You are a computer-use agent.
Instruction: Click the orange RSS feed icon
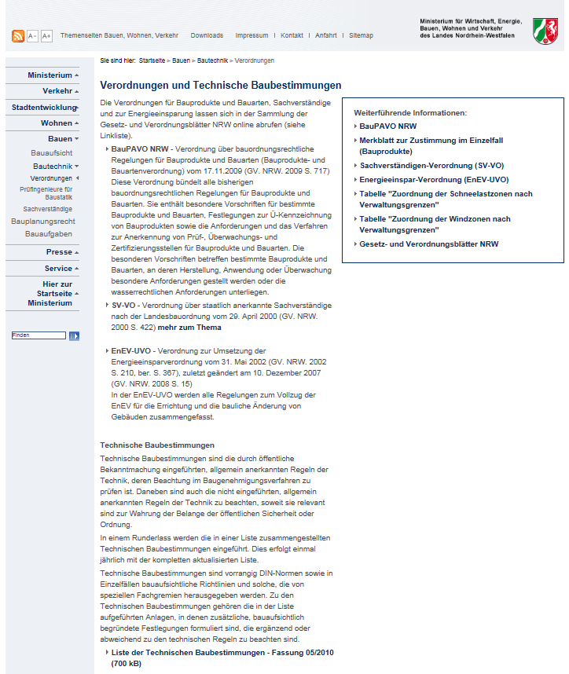point(18,36)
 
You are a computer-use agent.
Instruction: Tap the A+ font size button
point(46,36)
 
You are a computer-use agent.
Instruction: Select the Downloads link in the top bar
point(207,36)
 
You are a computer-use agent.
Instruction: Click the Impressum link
point(251,36)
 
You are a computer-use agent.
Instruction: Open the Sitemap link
point(361,36)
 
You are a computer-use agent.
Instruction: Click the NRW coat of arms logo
point(545,31)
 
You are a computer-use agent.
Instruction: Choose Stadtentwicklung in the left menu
point(44,108)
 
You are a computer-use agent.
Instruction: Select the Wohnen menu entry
point(57,123)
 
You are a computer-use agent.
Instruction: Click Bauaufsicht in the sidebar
point(52,152)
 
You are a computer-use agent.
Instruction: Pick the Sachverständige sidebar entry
point(48,209)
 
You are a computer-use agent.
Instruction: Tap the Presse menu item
point(59,252)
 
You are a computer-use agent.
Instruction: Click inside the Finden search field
point(39,335)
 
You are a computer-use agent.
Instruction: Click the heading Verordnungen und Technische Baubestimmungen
point(221,85)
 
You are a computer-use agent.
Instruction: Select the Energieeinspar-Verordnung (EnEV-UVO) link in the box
point(434,179)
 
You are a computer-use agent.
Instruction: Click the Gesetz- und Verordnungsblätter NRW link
point(429,244)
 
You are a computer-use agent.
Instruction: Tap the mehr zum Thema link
point(189,328)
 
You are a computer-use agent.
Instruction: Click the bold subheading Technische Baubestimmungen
point(152,445)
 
